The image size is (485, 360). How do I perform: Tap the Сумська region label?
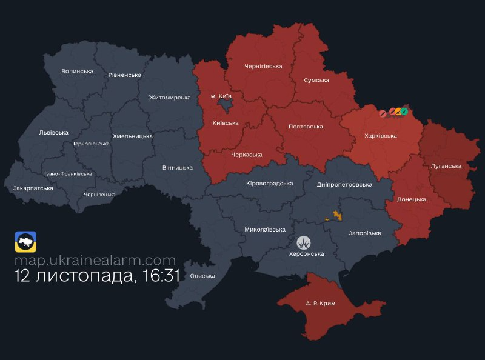pos(316,80)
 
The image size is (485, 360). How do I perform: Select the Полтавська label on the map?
pos(306,127)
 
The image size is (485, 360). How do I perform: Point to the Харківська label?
pos(381,136)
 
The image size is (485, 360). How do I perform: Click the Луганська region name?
pos(446,165)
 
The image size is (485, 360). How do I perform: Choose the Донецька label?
pos(411,199)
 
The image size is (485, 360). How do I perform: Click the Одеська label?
pos(202,276)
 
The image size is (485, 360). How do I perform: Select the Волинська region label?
pos(78,71)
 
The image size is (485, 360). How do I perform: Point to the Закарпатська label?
pos(33,188)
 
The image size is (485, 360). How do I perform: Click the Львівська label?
pos(53,132)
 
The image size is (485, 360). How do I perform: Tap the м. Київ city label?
pos(221,96)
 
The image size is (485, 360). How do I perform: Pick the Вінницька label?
pos(178,167)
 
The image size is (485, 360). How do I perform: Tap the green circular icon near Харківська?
pos(404,112)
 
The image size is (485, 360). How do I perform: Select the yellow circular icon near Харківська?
pos(398,112)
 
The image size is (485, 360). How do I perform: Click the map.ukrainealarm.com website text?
pos(95,260)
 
